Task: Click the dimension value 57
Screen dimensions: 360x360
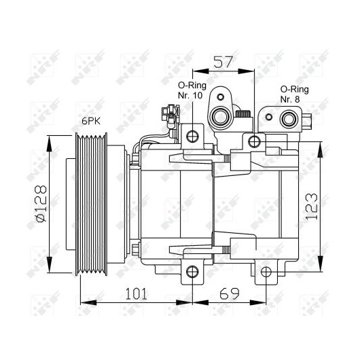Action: pos(223,62)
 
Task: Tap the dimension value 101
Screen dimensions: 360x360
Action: pos(136,294)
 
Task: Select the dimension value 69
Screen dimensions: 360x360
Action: pos(229,294)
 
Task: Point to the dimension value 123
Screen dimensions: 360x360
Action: pos(312,206)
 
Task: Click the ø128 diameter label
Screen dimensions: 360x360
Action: pos(41,204)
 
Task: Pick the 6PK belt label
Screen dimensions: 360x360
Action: pos(91,121)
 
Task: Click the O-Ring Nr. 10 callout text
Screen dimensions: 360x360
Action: pos(192,90)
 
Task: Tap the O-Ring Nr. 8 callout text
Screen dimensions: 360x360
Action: pos(294,94)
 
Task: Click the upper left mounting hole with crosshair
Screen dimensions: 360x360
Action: pos(192,137)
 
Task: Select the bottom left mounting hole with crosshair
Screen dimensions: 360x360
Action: pos(192,272)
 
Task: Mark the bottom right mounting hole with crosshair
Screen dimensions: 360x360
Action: pos(266,272)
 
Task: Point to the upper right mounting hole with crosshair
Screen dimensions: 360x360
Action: pos(255,141)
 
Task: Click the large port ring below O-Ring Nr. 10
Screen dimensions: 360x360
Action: pos(220,116)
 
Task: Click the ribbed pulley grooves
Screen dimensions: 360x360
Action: pos(92,204)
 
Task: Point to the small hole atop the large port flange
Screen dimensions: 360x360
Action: pos(220,97)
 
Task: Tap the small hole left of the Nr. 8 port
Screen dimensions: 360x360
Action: pos(269,117)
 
